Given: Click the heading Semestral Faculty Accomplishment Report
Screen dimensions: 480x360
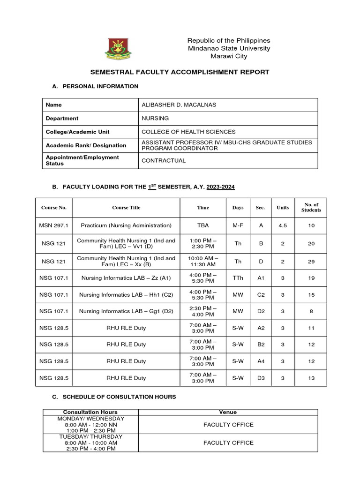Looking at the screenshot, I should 180,72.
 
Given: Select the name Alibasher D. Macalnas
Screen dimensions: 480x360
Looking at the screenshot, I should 173,105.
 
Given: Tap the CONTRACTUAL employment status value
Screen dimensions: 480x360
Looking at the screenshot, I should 164,160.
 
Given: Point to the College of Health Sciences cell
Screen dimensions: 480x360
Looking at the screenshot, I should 188,132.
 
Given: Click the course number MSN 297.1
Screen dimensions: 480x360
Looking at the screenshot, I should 54,225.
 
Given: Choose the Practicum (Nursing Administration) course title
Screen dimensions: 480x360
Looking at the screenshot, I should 126,225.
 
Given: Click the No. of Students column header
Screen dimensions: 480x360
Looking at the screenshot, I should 311,207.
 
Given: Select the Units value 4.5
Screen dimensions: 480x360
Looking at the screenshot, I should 283,225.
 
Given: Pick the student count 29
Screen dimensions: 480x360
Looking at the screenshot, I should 311,262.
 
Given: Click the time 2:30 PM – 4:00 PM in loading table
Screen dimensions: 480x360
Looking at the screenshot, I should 203,311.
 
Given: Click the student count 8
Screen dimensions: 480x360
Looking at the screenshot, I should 311,311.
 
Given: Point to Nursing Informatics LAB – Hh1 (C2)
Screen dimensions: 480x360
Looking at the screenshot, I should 126,295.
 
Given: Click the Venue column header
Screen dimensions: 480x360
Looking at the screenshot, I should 228,412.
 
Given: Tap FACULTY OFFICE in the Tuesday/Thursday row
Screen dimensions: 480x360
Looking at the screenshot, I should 228,442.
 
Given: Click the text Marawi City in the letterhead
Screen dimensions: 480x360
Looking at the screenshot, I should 229,56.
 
